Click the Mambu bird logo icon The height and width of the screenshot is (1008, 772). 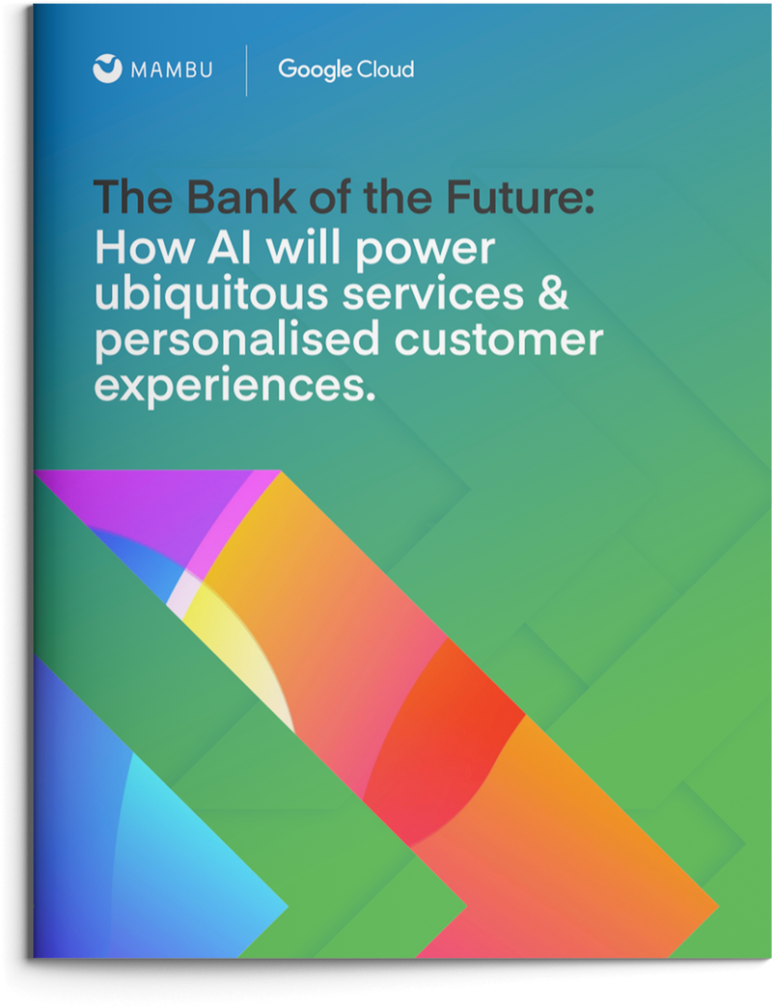pyautogui.click(x=107, y=69)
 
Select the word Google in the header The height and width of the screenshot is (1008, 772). pyautogui.click(x=311, y=69)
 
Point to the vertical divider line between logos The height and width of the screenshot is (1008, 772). pyautogui.click(x=246, y=70)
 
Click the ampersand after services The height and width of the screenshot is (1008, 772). pyautogui.click(x=551, y=295)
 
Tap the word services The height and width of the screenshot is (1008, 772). pyautogui.click(x=434, y=295)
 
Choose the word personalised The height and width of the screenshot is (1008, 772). pyautogui.click(x=226, y=341)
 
